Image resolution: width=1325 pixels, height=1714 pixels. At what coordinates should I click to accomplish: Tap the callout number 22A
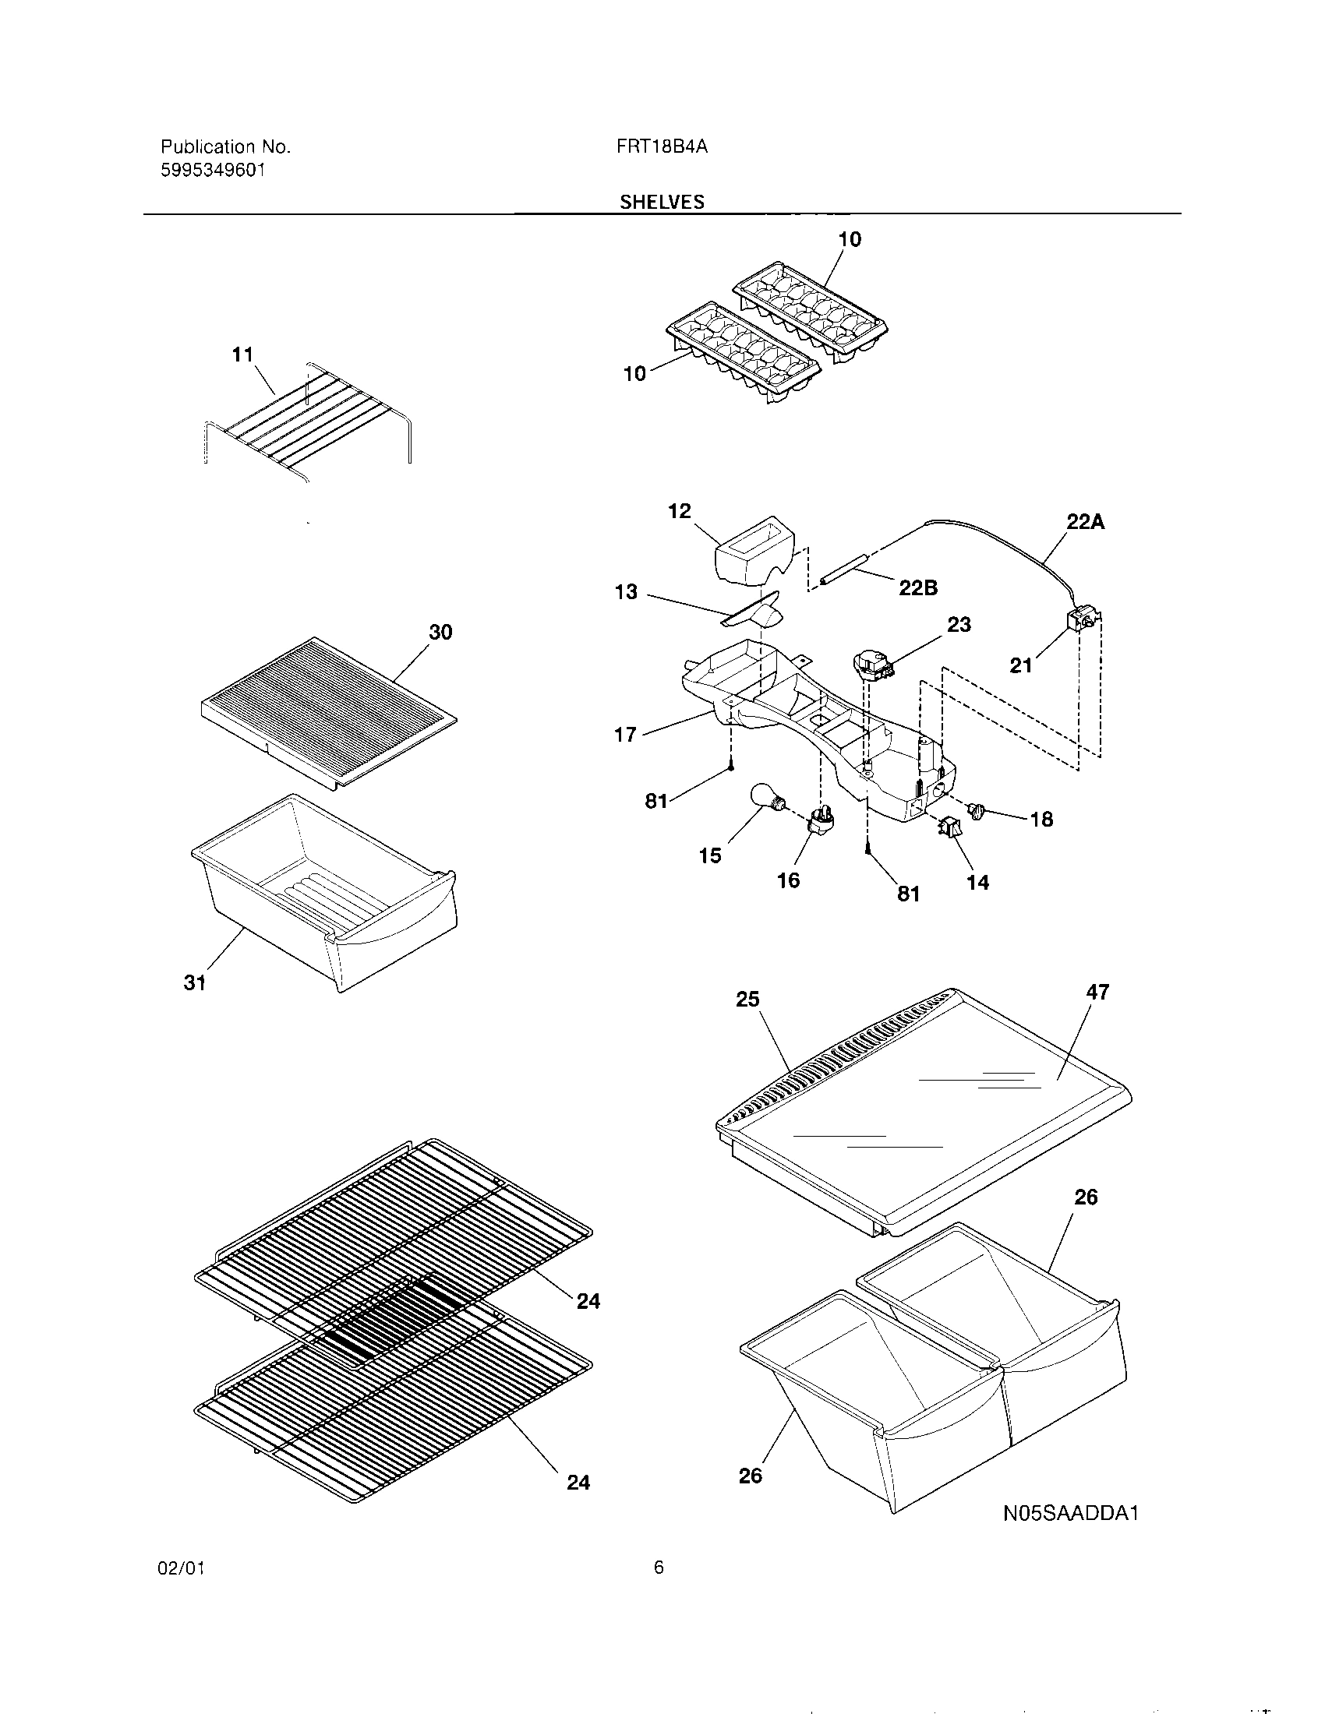[x=1085, y=522]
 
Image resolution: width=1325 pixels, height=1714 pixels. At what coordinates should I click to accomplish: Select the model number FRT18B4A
[x=662, y=146]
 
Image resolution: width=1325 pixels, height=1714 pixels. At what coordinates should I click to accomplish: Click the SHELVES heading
[x=662, y=202]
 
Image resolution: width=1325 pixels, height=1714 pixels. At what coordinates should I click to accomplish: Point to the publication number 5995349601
[x=213, y=170]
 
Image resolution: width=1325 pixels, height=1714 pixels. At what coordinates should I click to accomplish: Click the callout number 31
[x=195, y=982]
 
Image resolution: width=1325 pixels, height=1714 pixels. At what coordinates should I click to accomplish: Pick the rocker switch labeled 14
[x=951, y=827]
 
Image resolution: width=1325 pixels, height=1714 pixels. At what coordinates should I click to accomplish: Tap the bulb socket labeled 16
[x=820, y=821]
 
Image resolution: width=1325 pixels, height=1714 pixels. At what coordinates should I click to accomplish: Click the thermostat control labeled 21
[x=1080, y=620]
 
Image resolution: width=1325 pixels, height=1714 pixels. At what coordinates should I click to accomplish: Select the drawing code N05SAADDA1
[x=1071, y=1513]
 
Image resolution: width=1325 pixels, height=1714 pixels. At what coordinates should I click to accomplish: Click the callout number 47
[x=1097, y=993]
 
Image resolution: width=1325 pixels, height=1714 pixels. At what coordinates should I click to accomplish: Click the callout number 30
[x=440, y=632]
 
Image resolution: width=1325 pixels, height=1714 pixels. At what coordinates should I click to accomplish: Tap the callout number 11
[x=242, y=354]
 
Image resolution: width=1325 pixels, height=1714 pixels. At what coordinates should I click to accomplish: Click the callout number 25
[x=747, y=999]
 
